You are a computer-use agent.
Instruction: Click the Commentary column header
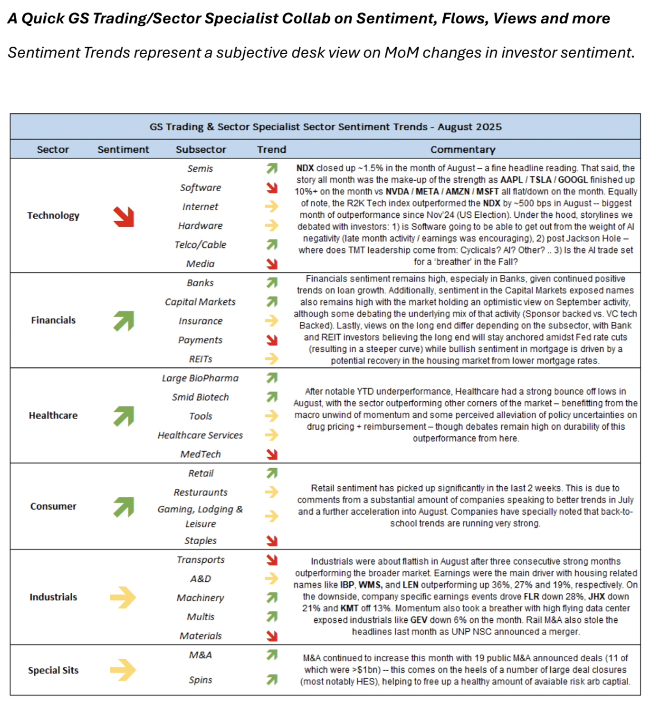pos(463,149)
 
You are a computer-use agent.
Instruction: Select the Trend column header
pos(272,149)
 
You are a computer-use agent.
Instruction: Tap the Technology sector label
pos(53,216)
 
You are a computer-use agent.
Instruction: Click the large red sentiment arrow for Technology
pos(124,216)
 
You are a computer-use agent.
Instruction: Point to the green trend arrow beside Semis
pos(272,168)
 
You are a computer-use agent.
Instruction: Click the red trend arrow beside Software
pos(272,187)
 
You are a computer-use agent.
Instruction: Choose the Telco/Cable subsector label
pos(200,245)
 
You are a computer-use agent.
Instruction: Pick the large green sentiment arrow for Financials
pos(124,321)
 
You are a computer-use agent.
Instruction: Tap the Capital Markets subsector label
pos(200,302)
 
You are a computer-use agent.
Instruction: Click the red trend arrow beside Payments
pos(272,340)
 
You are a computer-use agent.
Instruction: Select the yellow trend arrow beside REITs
pos(272,358)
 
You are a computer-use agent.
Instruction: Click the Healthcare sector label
pos(53,415)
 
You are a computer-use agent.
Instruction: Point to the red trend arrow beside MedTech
pos(272,454)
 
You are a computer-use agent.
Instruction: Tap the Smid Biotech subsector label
pos(200,397)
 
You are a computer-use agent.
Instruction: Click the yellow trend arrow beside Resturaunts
pos(272,492)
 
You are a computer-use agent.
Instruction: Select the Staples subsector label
pos(200,541)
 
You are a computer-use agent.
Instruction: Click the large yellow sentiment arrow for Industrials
pos(123,597)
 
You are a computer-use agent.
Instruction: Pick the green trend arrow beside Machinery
pos(272,597)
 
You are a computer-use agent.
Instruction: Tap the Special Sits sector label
pos(53,670)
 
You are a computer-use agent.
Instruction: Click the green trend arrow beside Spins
pos(272,680)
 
